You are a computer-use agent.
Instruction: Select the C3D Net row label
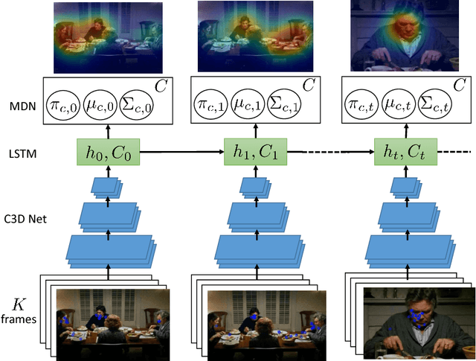coord(27,217)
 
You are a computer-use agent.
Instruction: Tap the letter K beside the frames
coord(21,304)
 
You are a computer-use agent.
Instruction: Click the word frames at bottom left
coord(21,320)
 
